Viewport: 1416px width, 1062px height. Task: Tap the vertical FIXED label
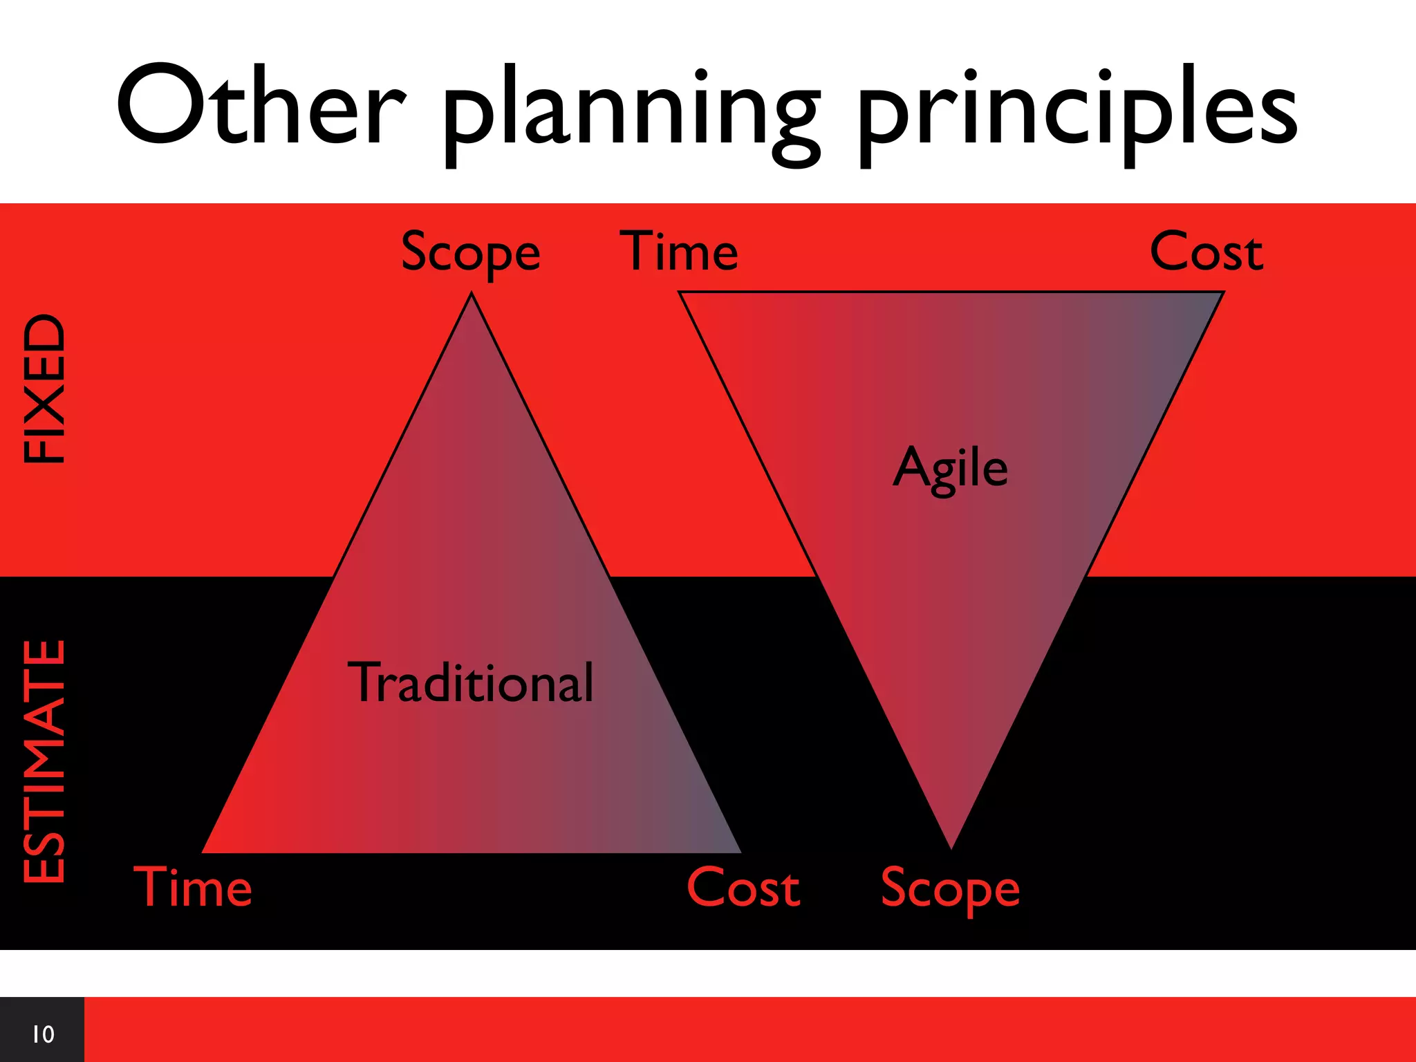pyautogui.click(x=44, y=389)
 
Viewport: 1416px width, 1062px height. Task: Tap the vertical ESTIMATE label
pyautogui.click(x=44, y=761)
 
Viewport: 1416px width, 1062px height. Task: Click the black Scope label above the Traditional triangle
pyautogui.click(x=470, y=253)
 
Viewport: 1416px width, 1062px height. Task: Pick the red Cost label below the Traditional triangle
pyautogui.click(x=743, y=888)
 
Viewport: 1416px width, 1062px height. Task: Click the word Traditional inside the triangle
pyautogui.click(x=470, y=683)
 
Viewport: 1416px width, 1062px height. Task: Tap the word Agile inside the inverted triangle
pyautogui.click(x=950, y=469)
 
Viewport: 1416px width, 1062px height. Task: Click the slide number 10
pyautogui.click(x=43, y=1034)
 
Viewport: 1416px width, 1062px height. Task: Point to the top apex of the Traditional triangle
pyautogui.click(x=472, y=295)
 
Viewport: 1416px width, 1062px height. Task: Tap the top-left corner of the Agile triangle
pyautogui.click(x=681, y=293)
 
